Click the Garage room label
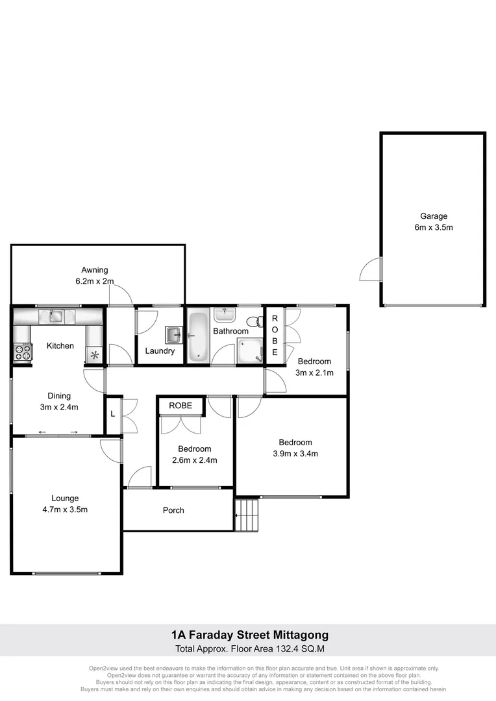pyautogui.click(x=433, y=216)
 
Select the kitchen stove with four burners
pyautogui.click(x=23, y=352)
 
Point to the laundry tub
pyautogui.click(x=173, y=334)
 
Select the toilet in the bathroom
pyautogui.click(x=254, y=321)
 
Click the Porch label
pyautogui.click(x=173, y=510)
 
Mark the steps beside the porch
pyautogui.click(x=246, y=514)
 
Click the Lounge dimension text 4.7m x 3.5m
pyautogui.click(x=65, y=510)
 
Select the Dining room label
pyautogui.click(x=59, y=395)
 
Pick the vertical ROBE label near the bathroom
pyautogui.click(x=275, y=336)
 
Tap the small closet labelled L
pyautogui.click(x=113, y=413)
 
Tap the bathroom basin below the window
pyautogui.click(x=225, y=315)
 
